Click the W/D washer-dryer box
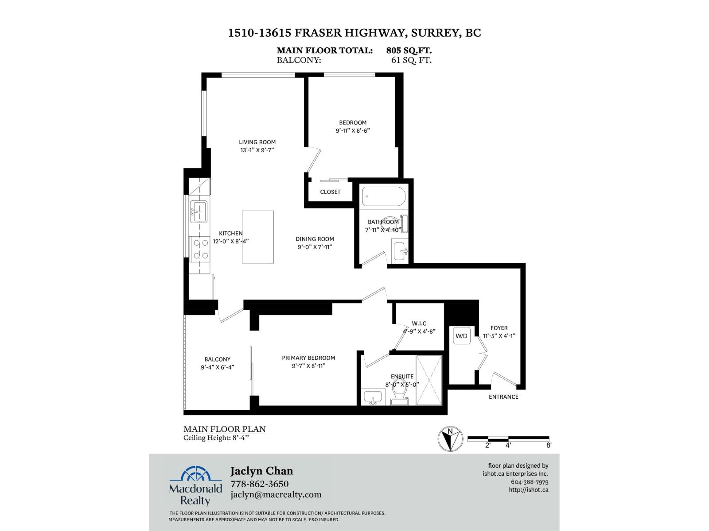461,336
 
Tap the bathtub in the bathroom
384,196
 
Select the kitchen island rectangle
257,237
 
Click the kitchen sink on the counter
199,212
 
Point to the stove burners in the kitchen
200,249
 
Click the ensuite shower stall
429,380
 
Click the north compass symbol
450,439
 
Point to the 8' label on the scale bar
549,445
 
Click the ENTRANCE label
503,397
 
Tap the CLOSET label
330,192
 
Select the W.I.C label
419,323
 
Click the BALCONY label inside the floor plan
217,359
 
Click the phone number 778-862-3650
259,484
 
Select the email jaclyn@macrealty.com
276,495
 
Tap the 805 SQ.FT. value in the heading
409,50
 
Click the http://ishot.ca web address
529,490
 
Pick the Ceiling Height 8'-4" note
216,438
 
